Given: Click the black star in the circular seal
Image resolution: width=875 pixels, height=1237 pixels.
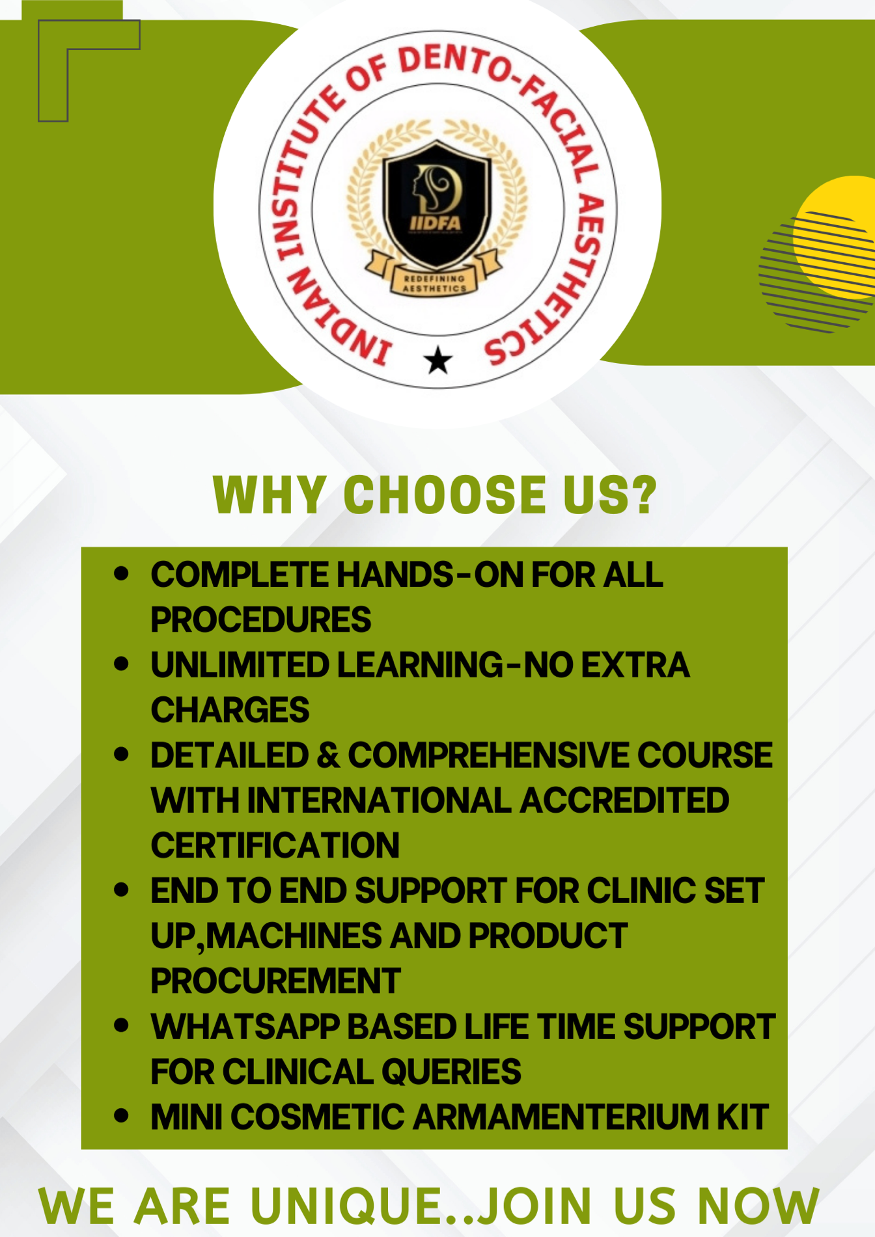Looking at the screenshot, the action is click(438, 360).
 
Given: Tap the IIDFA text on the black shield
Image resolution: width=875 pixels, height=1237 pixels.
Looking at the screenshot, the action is click(436, 223).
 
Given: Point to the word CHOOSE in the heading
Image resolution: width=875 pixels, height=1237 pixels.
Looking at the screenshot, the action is click(445, 494).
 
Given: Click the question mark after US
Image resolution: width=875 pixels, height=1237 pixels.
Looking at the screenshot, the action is click(644, 494).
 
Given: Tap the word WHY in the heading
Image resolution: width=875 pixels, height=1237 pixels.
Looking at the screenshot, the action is click(270, 495).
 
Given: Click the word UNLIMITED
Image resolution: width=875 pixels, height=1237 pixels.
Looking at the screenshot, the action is click(240, 665).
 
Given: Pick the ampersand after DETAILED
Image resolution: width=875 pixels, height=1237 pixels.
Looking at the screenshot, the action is click(328, 755).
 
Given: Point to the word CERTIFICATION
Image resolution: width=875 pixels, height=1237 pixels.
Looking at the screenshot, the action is click(275, 845).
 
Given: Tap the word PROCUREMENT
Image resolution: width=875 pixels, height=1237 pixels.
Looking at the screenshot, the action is click(275, 981).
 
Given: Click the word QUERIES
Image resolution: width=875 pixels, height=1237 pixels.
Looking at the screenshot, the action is click(451, 1071).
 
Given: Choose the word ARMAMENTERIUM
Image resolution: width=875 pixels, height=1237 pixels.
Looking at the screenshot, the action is click(561, 1117).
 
